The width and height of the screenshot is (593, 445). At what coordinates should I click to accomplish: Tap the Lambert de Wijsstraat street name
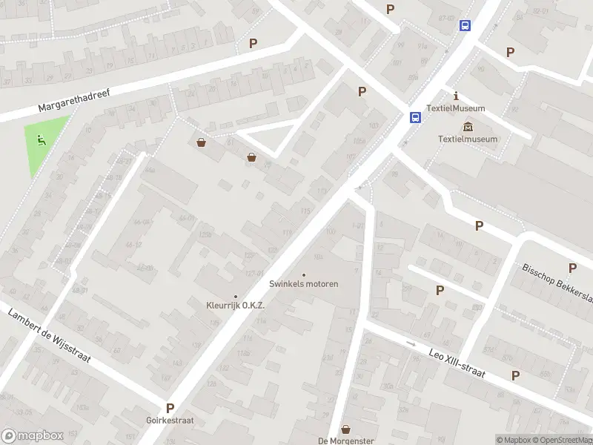49,334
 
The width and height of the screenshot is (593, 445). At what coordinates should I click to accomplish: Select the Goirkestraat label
170,419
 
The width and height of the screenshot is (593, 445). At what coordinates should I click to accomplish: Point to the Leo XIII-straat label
457,364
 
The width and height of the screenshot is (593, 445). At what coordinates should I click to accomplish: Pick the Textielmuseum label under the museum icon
468,139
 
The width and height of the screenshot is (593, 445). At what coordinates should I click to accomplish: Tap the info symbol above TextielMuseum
457,96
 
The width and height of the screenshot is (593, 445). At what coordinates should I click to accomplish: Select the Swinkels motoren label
304,284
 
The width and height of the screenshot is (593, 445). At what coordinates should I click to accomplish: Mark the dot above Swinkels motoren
304,274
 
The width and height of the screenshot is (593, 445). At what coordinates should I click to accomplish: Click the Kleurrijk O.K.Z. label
236,306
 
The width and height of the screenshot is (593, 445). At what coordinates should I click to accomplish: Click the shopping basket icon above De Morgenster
345,429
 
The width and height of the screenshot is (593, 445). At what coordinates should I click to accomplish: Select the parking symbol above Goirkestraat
170,408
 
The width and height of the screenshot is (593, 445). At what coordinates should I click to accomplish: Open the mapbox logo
32,436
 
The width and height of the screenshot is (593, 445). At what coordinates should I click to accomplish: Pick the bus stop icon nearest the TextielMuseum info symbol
415,117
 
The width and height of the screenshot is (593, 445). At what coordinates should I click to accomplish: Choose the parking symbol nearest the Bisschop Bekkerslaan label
572,268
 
